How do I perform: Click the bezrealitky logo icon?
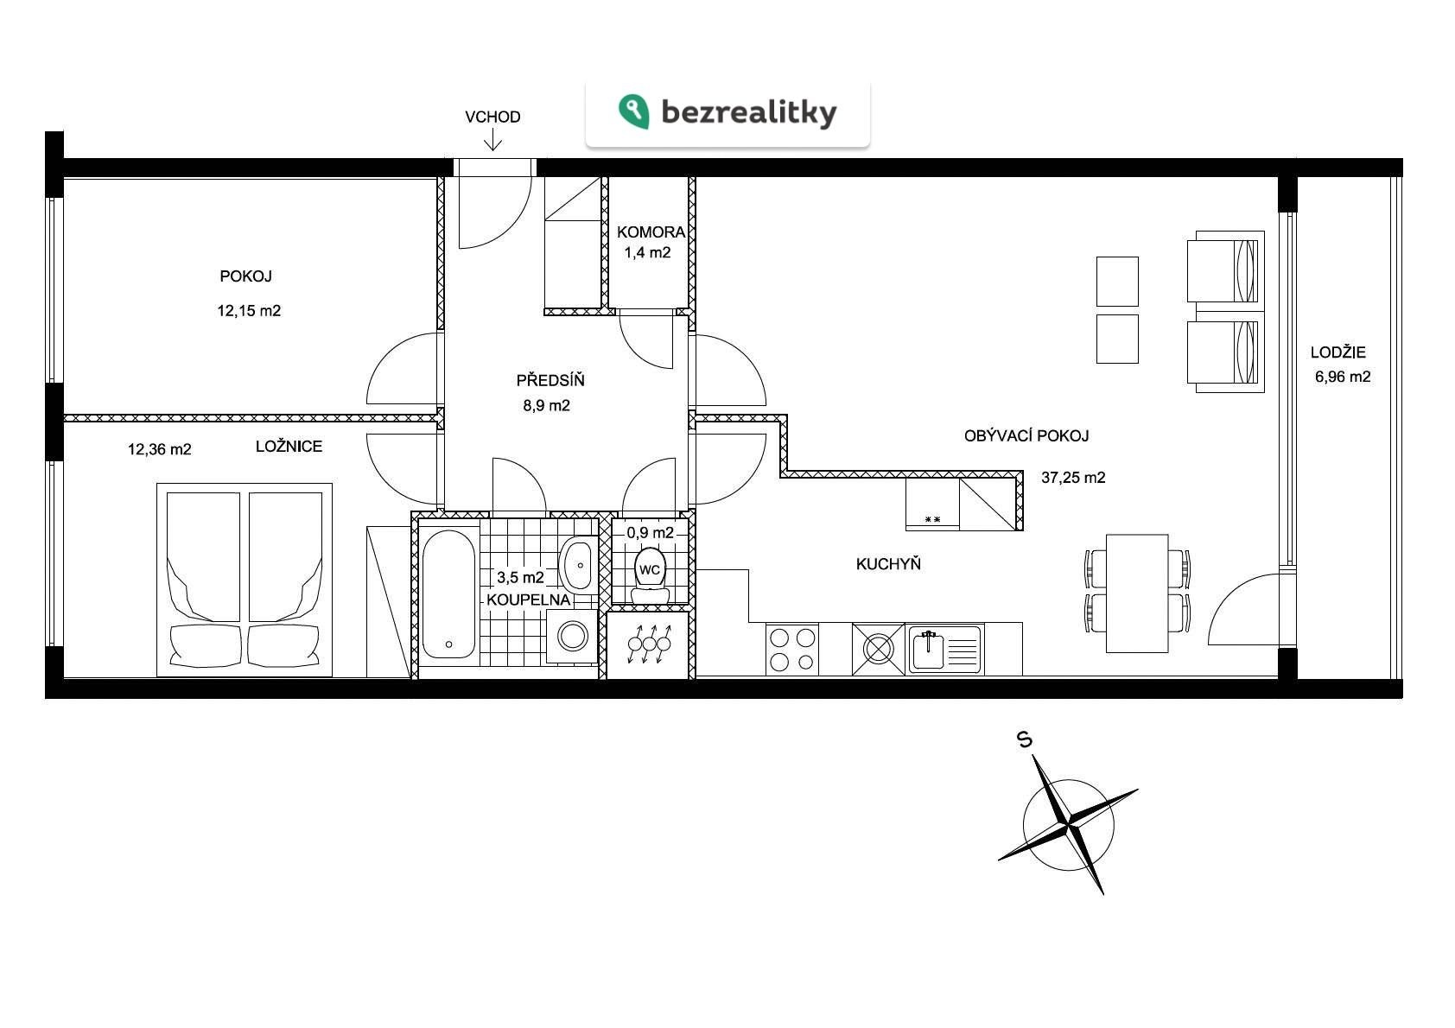634,111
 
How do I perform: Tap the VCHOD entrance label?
492,117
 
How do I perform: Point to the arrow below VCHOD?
492,140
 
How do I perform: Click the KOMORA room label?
651,232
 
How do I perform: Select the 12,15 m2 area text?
249,311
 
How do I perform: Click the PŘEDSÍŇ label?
550,379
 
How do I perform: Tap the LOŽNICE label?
289,446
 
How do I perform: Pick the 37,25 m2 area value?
1073,478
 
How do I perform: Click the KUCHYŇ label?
888,564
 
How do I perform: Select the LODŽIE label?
1337,352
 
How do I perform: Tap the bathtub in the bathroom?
448,594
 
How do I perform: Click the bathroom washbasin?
578,565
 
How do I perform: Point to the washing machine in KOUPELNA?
572,637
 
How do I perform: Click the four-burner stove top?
791,650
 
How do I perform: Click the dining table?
1137,593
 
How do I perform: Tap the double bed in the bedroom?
245,580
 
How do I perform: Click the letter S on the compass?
1025,739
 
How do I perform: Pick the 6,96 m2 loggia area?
1343,377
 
